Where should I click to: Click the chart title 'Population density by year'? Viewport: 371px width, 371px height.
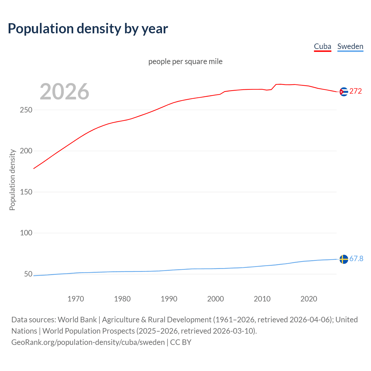tap(88, 29)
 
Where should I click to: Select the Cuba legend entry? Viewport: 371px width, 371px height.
tap(322, 47)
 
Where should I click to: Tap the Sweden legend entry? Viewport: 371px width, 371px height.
tap(350, 47)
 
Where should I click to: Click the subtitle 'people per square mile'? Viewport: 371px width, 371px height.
tap(185, 61)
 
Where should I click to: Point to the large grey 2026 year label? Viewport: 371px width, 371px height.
tap(64, 92)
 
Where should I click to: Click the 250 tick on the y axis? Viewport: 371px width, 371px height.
tap(26, 110)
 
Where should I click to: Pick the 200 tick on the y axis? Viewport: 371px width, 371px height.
tap(26, 151)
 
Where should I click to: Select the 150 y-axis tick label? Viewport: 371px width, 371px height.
tap(26, 192)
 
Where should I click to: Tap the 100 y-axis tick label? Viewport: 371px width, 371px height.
tap(26, 233)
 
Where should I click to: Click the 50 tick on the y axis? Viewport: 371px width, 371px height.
tap(28, 274)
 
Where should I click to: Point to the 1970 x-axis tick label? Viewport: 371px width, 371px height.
tap(76, 299)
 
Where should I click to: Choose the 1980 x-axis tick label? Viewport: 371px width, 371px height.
tap(122, 299)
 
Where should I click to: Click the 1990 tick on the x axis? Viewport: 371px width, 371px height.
tap(169, 299)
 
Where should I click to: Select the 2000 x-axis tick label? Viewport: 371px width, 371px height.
tap(215, 299)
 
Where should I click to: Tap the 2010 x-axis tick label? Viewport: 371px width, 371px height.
tap(262, 299)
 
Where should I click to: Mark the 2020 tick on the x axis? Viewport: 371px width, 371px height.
tap(309, 299)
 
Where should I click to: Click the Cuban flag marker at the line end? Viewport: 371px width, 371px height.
tap(344, 92)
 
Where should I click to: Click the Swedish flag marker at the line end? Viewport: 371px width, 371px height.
tap(344, 259)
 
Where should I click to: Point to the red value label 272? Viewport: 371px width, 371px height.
tap(356, 91)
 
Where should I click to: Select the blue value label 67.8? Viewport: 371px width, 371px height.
tap(356, 259)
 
